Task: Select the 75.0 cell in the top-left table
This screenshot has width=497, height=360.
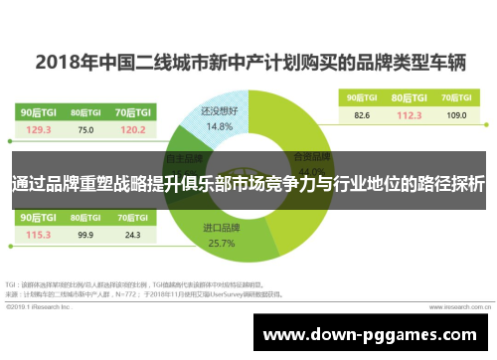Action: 85,129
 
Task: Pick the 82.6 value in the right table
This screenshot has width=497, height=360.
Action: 361,115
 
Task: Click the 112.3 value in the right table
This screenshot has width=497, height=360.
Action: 409,115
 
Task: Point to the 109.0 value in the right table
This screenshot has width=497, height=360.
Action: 455,115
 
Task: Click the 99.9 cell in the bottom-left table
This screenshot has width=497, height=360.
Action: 85,235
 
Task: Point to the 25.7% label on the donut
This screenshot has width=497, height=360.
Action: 222,243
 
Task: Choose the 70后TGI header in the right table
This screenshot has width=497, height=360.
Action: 455,96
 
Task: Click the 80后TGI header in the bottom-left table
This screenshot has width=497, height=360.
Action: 85,217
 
